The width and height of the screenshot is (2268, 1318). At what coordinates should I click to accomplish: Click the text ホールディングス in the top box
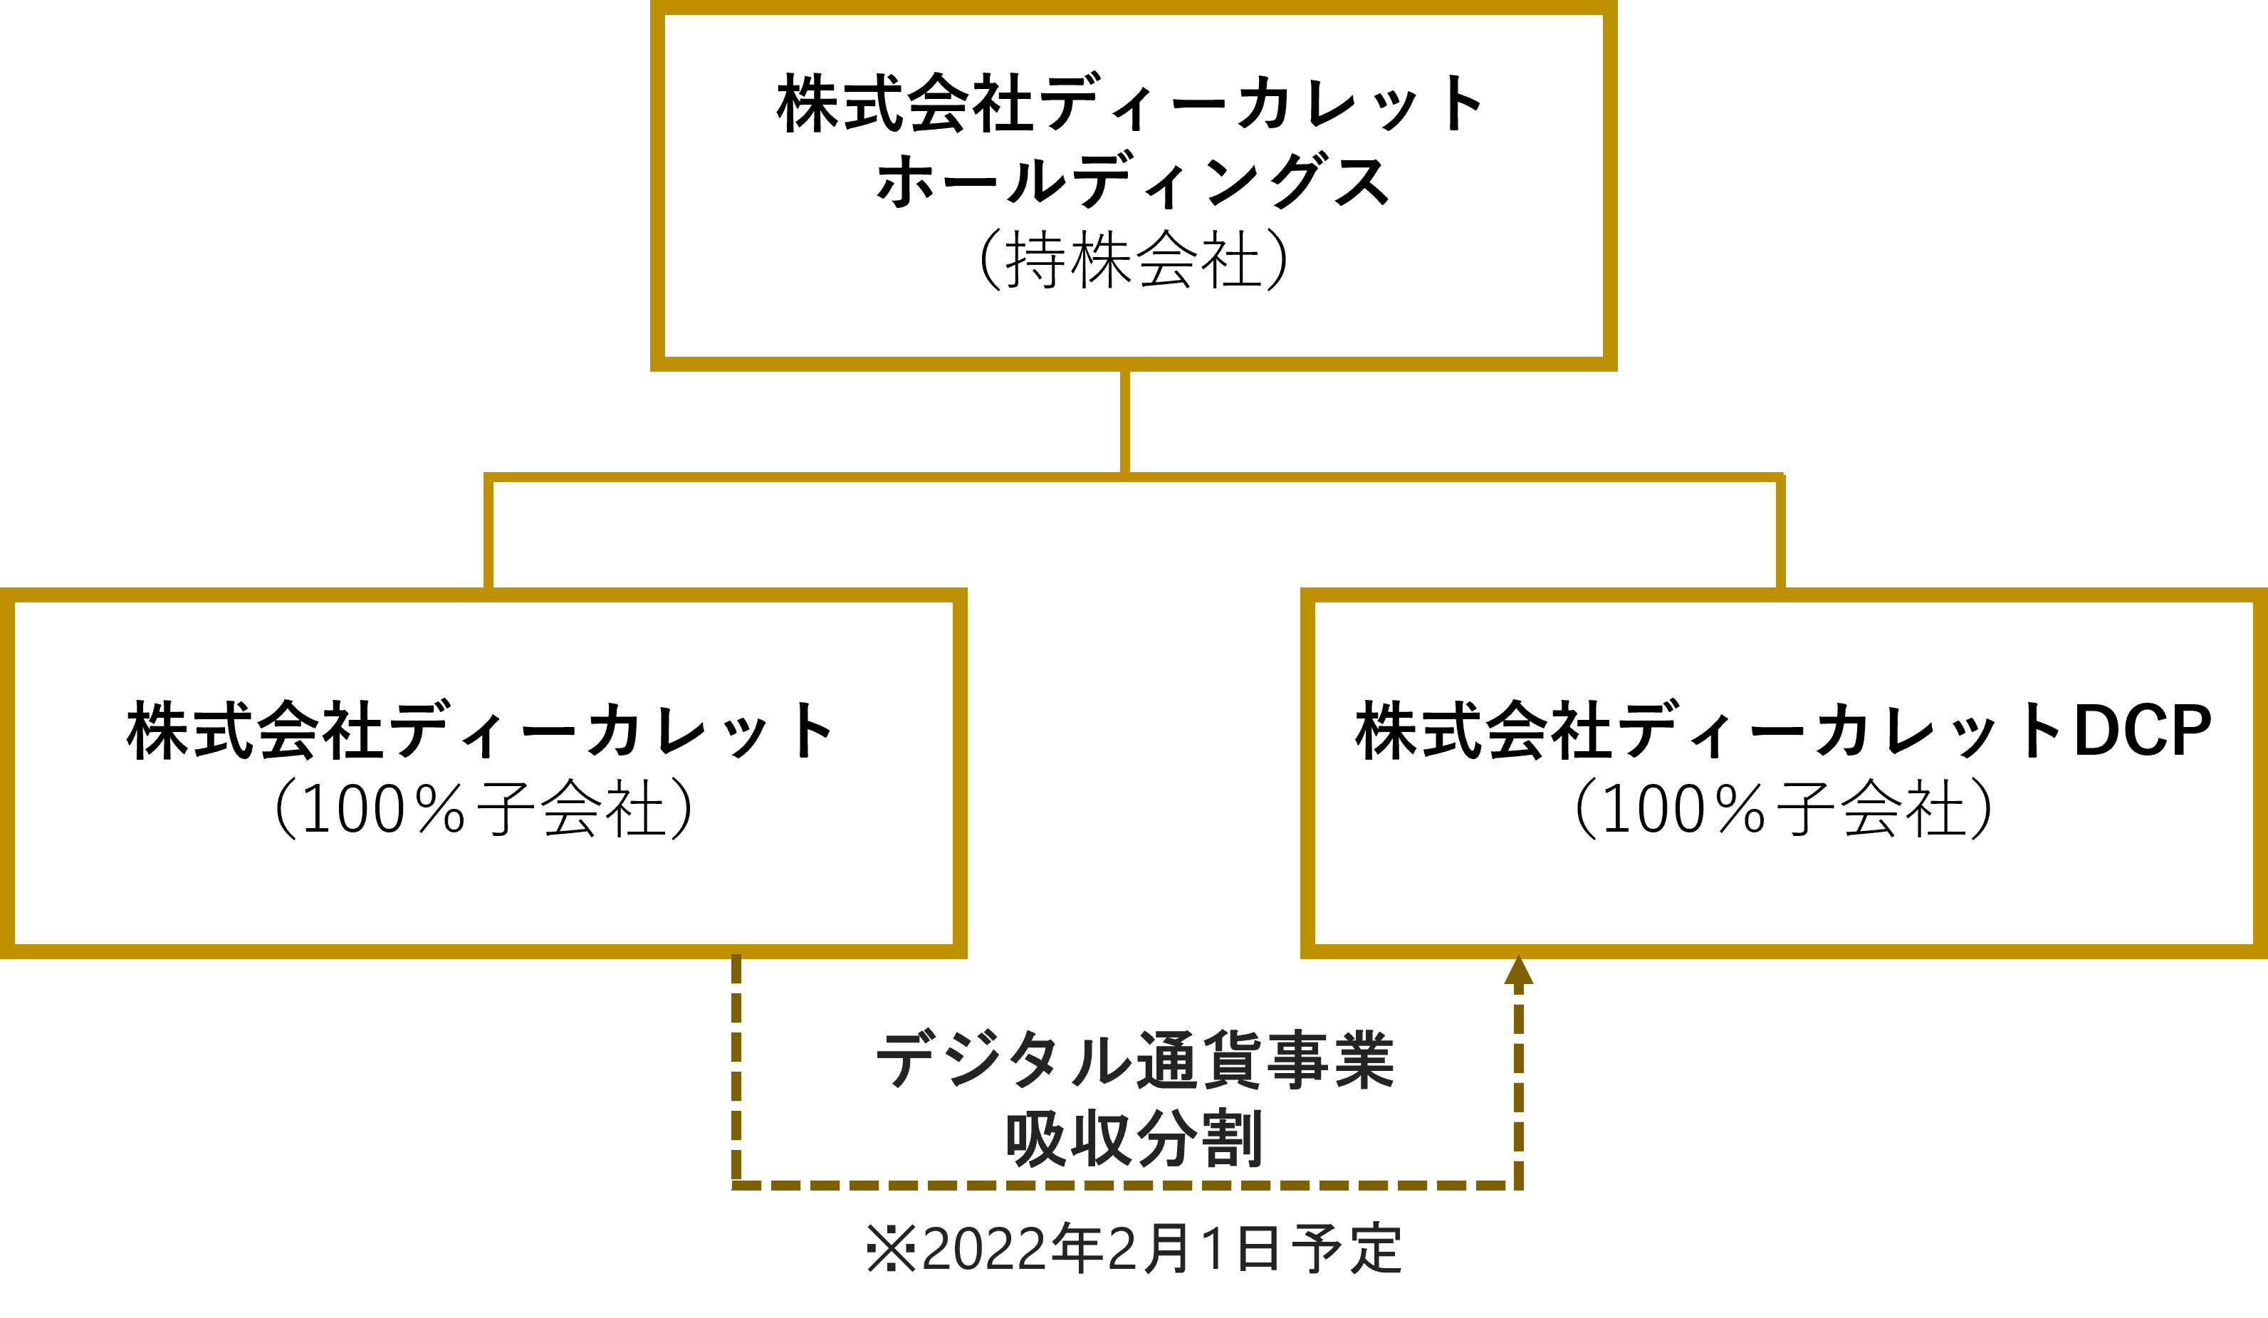point(1132,182)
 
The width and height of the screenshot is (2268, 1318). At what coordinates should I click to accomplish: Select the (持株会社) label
point(1132,260)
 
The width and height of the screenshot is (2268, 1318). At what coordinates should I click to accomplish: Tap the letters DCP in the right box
point(2142,731)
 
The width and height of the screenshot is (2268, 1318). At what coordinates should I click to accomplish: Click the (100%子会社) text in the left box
point(484,809)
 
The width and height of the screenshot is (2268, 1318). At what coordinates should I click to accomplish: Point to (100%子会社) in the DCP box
point(1784,809)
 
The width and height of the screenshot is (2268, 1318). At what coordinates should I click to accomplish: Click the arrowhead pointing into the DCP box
point(1518,972)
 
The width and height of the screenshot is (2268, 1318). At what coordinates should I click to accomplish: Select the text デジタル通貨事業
point(1134,1060)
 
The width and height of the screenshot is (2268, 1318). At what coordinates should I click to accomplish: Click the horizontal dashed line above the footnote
point(1125,1186)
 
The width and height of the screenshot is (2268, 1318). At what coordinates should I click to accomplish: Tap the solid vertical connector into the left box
point(488,533)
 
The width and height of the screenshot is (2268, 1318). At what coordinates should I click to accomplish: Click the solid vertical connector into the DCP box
point(1780,533)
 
